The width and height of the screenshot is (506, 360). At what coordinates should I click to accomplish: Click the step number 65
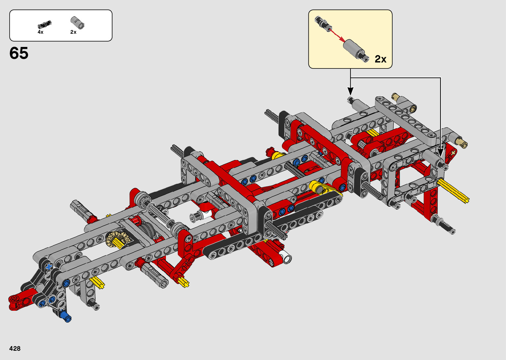(19, 53)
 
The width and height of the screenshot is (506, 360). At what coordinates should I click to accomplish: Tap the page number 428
(15, 348)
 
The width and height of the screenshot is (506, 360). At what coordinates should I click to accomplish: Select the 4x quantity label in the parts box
(40, 32)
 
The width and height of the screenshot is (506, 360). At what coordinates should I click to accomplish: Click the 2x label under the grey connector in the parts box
(73, 32)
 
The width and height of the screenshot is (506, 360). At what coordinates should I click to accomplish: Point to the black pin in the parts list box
(45, 24)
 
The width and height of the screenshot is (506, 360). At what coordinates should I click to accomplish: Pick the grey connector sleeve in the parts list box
(77, 22)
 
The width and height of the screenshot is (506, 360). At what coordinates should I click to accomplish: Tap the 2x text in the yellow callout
(380, 59)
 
